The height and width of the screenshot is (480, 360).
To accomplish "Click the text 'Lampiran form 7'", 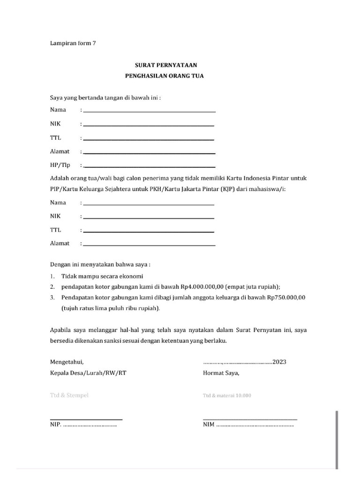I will (x=73, y=44).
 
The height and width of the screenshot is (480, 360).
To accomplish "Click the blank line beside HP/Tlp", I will (x=149, y=166).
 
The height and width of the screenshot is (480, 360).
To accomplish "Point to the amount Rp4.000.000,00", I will (x=202, y=286).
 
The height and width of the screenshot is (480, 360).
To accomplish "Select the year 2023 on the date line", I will (x=279, y=362).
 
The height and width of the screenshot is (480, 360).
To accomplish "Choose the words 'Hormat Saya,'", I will (x=221, y=373).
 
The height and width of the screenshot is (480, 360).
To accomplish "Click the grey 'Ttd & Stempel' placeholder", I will (x=69, y=395).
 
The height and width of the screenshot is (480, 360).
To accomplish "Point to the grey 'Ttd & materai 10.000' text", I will (x=227, y=396).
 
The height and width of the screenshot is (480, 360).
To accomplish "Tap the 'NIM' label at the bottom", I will (x=209, y=425).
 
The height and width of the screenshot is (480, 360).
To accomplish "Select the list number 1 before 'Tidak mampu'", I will (x=52, y=276).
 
